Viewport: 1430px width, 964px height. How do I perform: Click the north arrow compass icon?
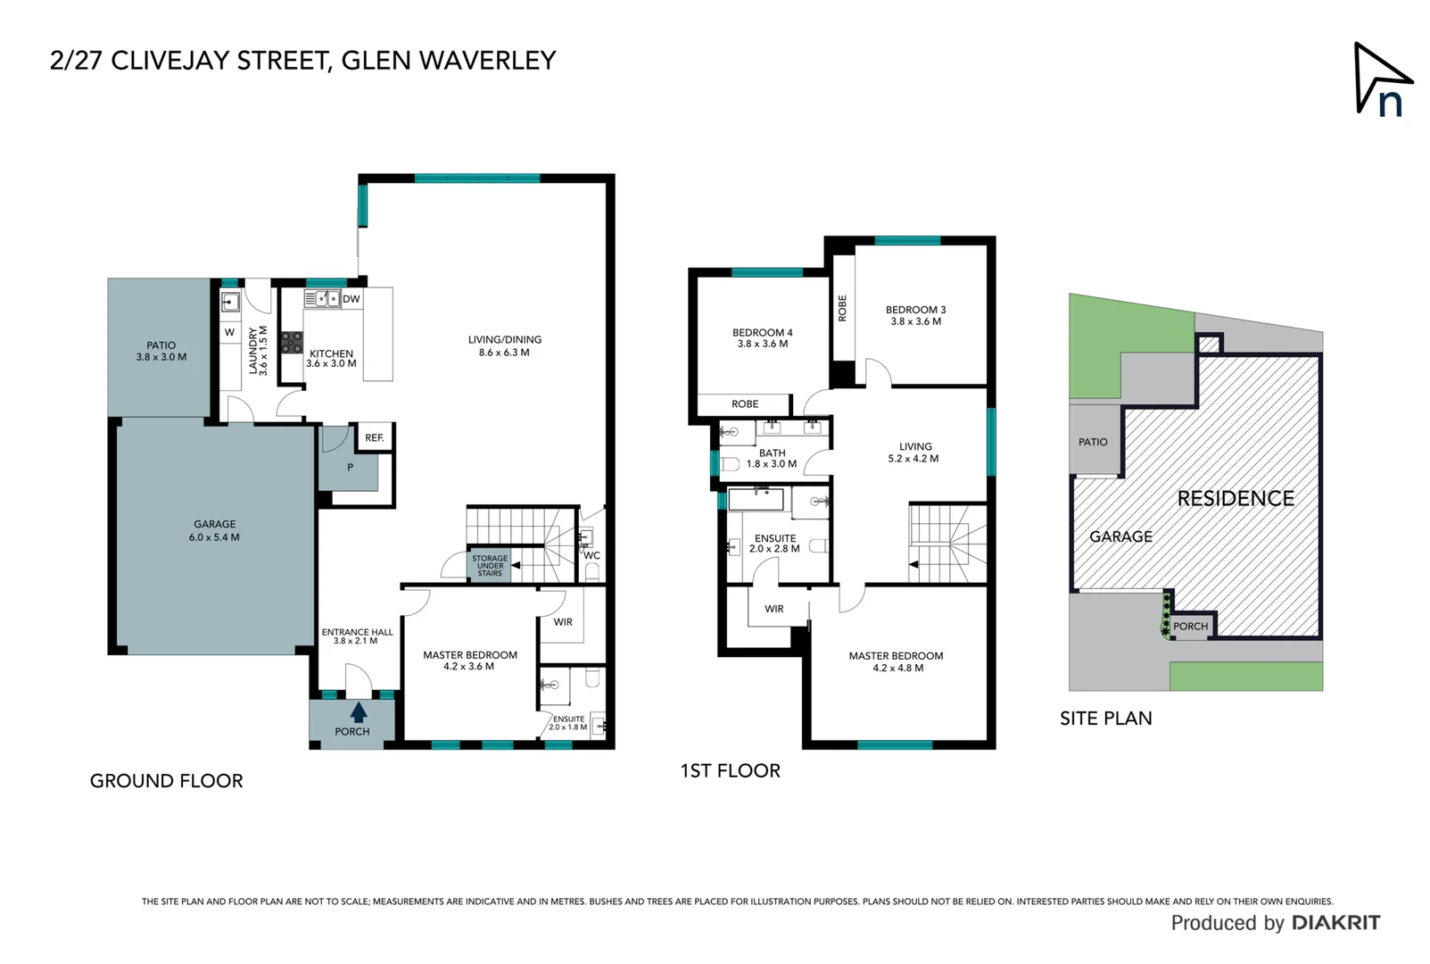pos(1383,80)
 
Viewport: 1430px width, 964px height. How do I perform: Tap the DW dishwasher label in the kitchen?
pos(351,299)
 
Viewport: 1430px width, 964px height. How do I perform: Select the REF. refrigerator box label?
pos(375,437)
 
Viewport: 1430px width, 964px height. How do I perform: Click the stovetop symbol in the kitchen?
pos(291,342)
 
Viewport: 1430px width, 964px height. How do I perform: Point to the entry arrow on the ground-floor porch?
pos(359,711)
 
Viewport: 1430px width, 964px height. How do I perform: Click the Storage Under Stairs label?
pos(490,566)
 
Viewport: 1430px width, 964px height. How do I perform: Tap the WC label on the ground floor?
pos(592,555)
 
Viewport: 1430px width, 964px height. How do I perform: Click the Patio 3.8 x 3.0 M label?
pos(161,351)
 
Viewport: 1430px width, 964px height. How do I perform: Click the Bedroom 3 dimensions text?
pos(916,321)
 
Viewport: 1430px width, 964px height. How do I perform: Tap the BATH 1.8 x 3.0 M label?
pos(772,459)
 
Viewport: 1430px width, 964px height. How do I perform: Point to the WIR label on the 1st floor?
pos(774,609)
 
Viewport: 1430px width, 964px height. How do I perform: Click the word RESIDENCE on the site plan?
pos(1236,499)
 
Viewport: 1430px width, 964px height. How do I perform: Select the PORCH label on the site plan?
pos(1190,627)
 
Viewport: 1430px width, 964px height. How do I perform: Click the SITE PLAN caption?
pos(1106,719)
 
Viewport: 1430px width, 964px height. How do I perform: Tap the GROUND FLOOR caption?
pos(167,781)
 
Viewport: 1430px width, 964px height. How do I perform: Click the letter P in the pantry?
pos(351,467)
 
